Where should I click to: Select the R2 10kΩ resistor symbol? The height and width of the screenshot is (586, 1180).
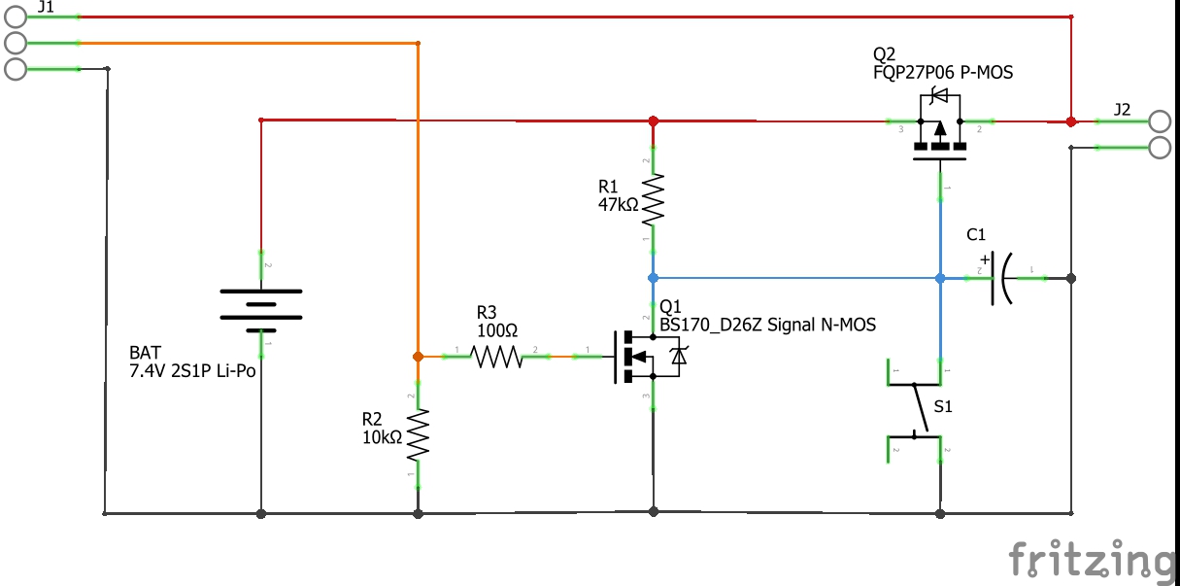(418, 434)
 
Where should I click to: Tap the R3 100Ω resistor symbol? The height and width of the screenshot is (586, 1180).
(497, 358)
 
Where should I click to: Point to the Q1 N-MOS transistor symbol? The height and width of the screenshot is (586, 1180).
(641, 358)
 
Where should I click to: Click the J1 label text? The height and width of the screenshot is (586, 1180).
(45, 7)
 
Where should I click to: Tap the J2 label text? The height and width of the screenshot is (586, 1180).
(1122, 110)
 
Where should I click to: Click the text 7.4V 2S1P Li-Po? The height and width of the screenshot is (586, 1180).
(192, 370)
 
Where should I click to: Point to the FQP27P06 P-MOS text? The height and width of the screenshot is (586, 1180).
(943, 72)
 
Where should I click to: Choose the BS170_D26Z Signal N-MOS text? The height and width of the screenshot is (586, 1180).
(767, 325)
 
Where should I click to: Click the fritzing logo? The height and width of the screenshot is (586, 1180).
(1090, 561)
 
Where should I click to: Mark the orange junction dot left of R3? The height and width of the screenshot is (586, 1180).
(418, 357)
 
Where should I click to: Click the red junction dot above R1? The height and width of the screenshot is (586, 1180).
(653, 121)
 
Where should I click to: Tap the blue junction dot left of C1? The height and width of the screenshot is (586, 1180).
(940, 278)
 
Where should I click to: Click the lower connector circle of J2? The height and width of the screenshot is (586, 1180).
(1160, 148)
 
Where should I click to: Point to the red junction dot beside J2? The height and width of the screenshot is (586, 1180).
(1070, 121)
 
